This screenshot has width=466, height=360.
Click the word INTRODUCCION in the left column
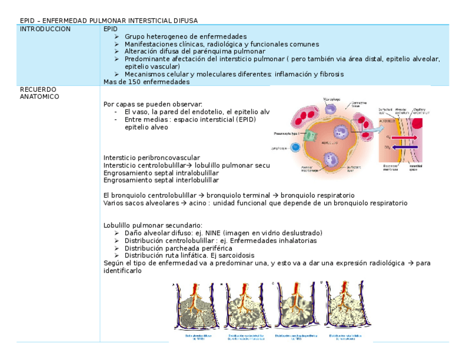pos(45,29)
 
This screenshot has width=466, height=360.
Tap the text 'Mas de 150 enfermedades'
pos(146,82)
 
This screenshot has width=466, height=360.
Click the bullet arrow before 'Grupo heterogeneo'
pos(116,36)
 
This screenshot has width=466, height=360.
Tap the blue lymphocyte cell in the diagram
pos(296,147)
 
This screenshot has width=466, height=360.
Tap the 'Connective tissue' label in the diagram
pos(358,104)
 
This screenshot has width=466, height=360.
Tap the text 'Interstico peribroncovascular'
pos(152,158)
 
